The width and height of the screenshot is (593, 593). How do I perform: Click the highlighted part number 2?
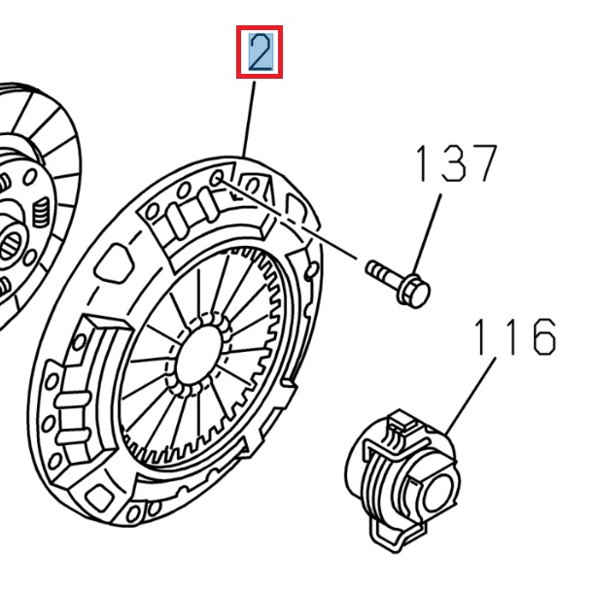point(260,52)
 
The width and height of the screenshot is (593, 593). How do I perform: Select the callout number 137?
point(456,165)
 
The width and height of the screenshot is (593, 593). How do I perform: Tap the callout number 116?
point(514,336)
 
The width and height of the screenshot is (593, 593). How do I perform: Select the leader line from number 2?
point(249,117)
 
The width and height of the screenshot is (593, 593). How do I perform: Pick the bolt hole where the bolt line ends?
point(218,177)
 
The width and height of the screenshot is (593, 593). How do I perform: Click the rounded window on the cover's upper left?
point(117,261)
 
